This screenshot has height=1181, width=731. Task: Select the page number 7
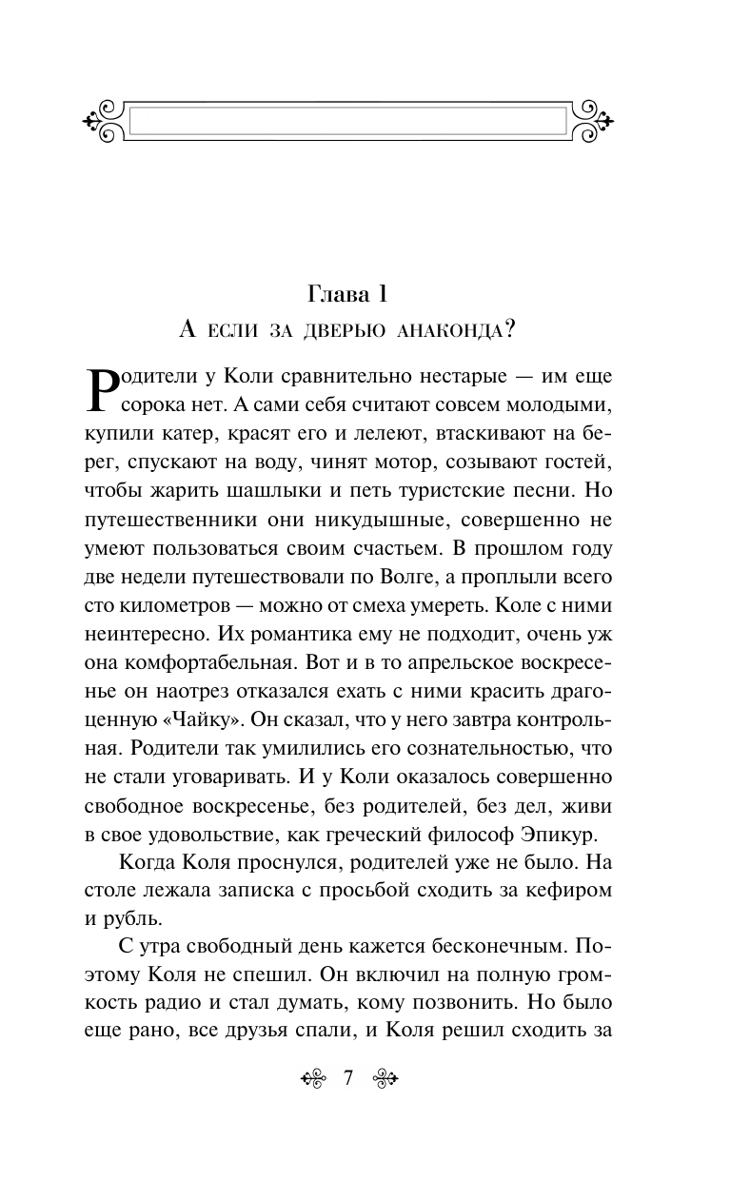coord(347,1078)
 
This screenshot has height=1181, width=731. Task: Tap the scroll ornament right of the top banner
coord(600,120)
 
